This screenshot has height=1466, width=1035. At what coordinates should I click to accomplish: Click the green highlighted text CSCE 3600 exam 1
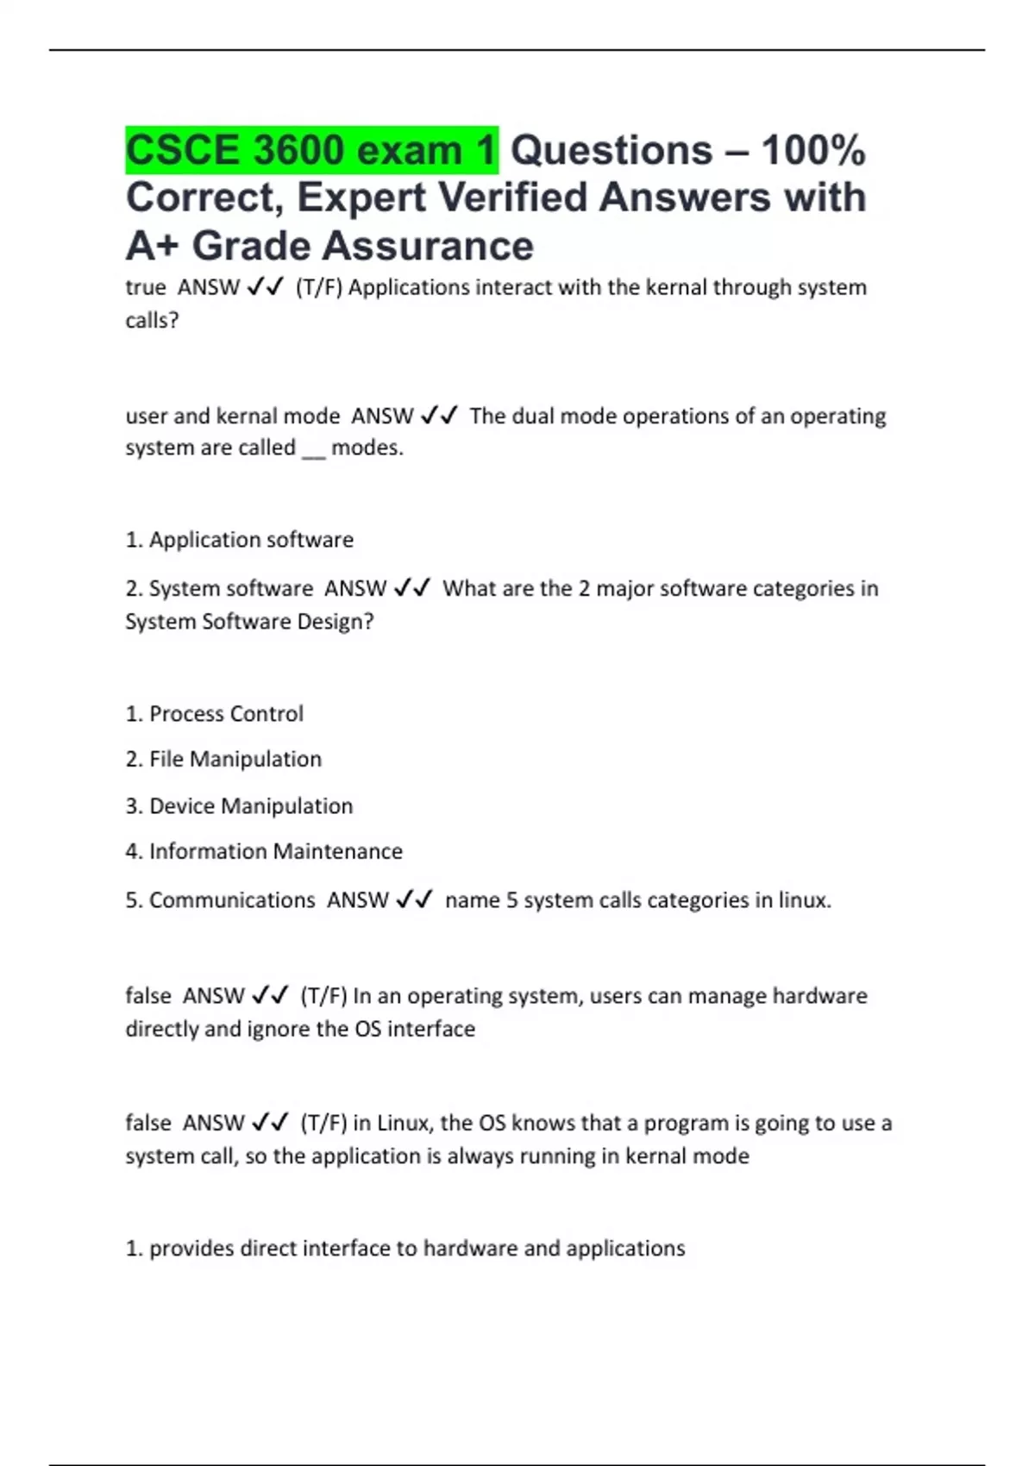click(x=311, y=150)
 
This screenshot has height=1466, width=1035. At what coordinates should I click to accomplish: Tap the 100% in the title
click(x=813, y=150)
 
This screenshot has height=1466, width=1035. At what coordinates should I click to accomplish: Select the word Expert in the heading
click(x=361, y=197)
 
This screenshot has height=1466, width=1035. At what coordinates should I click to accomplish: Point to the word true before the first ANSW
click(x=145, y=287)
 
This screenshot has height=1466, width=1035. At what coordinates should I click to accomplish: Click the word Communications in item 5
click(x=232, y=900)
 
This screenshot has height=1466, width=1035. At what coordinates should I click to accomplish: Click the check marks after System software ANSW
click(x=412, y=588)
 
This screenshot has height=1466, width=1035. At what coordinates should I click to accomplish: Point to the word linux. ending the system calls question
click(x=804, y=900)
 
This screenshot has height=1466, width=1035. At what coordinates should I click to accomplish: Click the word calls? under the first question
click(x=152, y=321)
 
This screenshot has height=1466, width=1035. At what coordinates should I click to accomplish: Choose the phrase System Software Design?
click(x=249, y=622)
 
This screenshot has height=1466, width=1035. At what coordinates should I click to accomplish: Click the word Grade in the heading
click(x=251, y=246)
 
